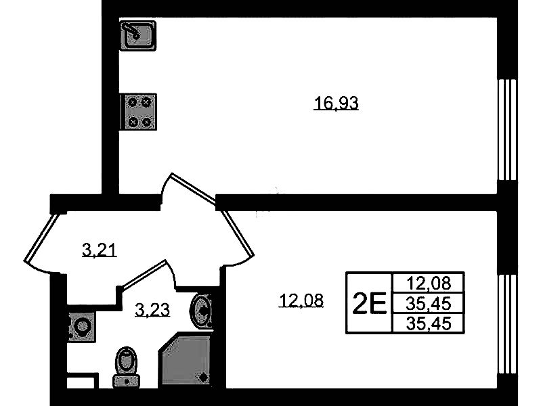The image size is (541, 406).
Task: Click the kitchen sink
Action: coord(138,36)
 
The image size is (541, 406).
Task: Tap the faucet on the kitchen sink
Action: coord(131,30)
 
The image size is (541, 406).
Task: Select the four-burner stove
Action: coord(138,112)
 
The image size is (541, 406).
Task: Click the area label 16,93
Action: coord(336,103)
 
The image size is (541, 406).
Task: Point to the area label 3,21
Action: coord(100,250)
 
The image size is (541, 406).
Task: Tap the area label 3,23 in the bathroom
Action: coord(152,309)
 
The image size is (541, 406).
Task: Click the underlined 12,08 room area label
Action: coord(301,300)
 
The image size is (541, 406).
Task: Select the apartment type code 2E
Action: coord(370,303)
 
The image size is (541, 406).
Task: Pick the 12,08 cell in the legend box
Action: coord(429,284)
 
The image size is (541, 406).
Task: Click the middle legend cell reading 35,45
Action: coord(429,304)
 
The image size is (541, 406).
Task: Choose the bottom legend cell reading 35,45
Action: coord(429,323)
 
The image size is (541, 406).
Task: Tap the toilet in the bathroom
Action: coord(127,367)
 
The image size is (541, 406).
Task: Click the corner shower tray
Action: coord(186,359)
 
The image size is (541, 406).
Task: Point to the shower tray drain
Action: coord(203,378)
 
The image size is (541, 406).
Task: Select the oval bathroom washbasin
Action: coord(202,310)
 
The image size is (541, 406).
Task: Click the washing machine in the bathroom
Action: coord(81,326)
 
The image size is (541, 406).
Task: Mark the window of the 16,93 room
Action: coord(507,130)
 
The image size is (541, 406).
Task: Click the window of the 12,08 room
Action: coord(507,324)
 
